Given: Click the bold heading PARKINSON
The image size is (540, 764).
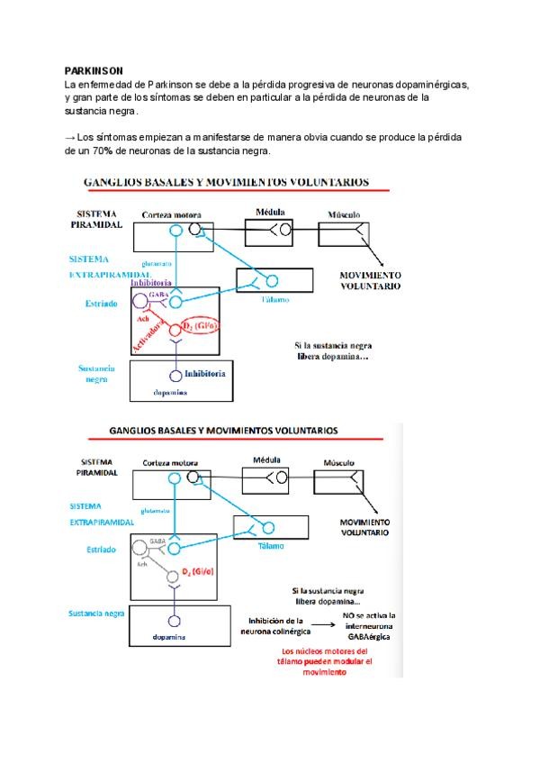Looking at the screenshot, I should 94,69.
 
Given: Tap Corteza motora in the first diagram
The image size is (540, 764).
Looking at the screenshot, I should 171,215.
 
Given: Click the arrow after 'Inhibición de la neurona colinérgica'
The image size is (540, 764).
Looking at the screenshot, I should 318,622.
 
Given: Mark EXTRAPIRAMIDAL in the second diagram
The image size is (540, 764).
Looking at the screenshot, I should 102,522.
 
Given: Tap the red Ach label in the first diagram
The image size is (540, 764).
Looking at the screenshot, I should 142,318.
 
